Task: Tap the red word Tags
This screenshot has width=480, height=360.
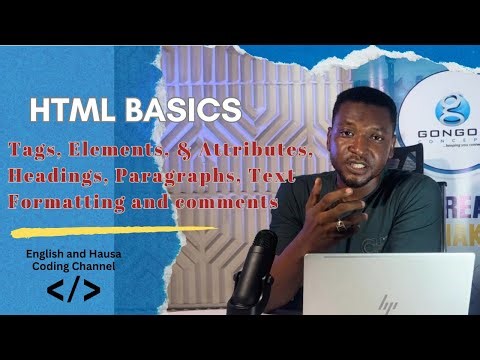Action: pyautogui.click(x=35, y=150)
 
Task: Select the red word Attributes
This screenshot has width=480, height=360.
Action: pyautogui.click(x=264, y=150)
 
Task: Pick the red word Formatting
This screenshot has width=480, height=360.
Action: pyautogui.click(x=61, y=202)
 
